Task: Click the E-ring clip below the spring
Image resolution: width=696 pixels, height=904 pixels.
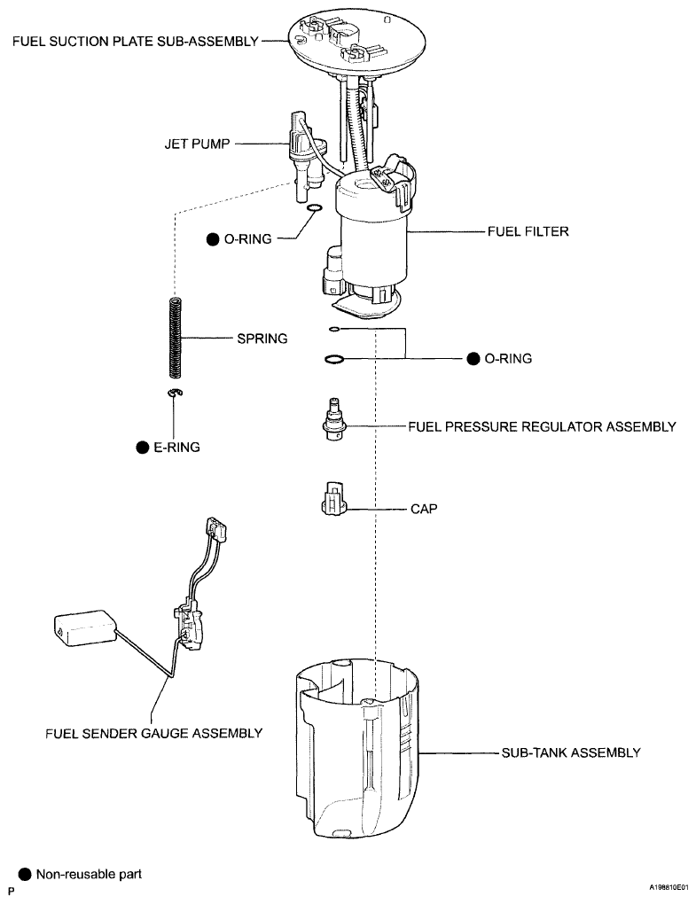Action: point(176,393)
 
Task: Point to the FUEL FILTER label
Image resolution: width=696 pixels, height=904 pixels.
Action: point(528,231)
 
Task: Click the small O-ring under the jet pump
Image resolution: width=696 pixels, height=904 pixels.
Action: point(313,209)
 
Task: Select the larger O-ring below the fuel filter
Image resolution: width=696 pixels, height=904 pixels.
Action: point(334,359)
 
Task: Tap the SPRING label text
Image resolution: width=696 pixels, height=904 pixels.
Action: point(262,339)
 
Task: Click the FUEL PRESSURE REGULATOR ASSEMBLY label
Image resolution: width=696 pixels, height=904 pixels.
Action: point(542,426)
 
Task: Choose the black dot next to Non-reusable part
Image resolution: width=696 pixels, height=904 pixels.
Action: point(25,875)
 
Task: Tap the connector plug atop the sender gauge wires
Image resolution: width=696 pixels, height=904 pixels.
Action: point(215,529)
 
